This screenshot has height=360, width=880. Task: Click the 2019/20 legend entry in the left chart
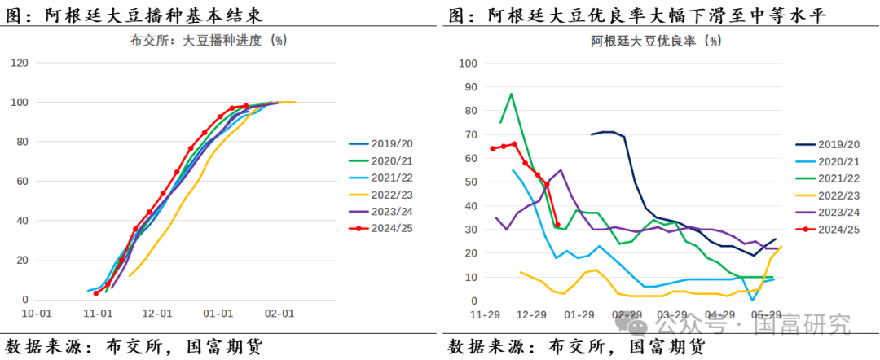pyautogui.click(x=384, y=142)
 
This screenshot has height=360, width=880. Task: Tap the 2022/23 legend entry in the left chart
pyautogui.click(x=384, y=195)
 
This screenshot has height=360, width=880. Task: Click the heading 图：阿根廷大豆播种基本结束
pyautogui.click(x=134, y=14)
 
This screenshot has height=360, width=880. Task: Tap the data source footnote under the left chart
pyautogui.click(x=134, y=345)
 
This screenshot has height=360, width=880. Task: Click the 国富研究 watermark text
pyautogui.click(x=803, y=326)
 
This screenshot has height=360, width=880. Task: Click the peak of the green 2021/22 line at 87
pyautogui.click(x=511, y=94)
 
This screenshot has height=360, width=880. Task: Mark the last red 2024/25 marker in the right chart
pyautogui.click(x=557, y=225)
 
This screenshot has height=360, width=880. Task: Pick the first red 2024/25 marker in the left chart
pyautogui.click(x=96, y=293)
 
